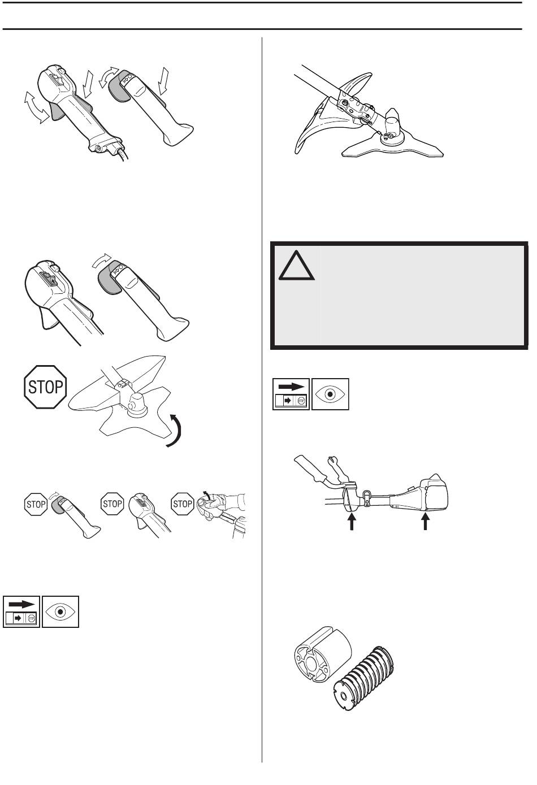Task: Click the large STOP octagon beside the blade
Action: point(45,387)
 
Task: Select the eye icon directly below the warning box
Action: point(331,394)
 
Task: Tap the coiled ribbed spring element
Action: point(365,675)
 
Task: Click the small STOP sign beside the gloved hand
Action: point(183,504)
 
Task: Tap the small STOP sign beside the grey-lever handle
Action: point(36,504)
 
